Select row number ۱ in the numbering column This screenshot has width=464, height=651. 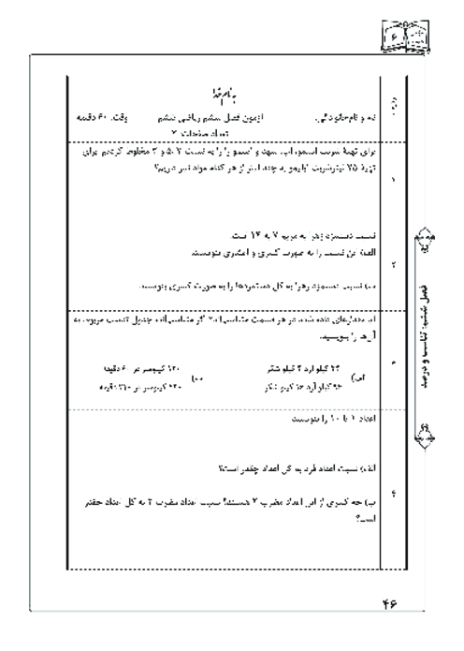[393, 175]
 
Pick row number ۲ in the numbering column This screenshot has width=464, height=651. [393, 265]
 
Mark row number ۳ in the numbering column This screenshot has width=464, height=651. [393, 359]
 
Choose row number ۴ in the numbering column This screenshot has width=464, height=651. [393, 496]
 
